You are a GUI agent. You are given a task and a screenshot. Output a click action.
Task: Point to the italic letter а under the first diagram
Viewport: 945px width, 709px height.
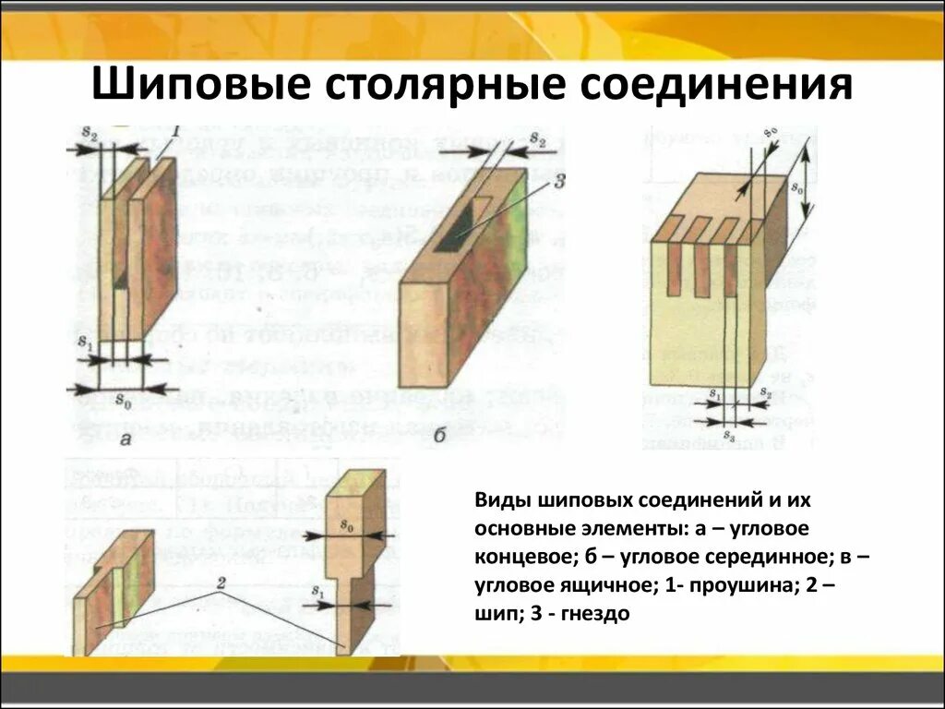126,439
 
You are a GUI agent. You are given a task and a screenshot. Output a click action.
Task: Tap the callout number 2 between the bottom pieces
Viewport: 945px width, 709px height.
222,583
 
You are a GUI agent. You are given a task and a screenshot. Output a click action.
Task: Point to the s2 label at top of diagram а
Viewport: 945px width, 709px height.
89,133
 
